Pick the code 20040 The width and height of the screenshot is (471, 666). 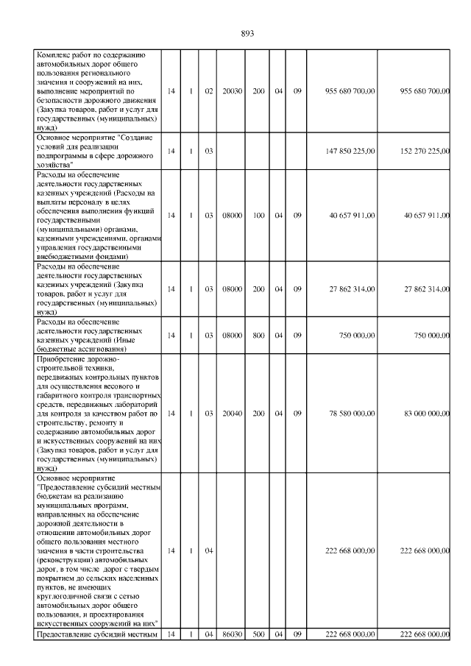[x=233, y=414]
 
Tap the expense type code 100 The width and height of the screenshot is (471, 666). [x=258, y=216]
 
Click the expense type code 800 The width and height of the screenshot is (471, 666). [x=258, y=336]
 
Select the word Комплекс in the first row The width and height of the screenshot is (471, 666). [x=55, y=55]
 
